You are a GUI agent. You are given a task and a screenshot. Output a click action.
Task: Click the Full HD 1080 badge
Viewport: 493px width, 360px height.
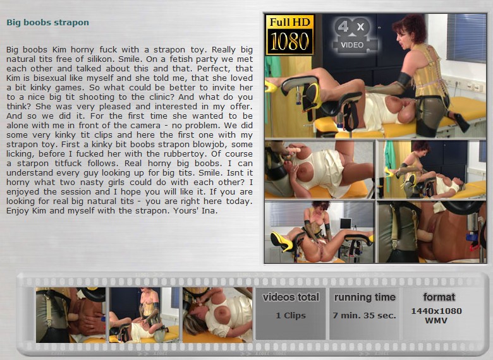289,35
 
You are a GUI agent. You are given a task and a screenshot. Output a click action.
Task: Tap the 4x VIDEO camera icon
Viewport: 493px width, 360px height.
351,35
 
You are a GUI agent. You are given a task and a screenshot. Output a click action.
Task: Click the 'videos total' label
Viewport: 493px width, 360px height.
291,297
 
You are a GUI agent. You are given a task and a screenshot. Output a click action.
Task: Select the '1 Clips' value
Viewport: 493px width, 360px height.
291,315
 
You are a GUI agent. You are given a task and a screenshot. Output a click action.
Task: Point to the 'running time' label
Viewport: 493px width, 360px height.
365,297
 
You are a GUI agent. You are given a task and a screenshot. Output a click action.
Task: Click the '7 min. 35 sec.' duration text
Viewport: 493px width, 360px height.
365,315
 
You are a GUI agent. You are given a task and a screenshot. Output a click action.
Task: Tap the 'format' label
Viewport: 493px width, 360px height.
439,297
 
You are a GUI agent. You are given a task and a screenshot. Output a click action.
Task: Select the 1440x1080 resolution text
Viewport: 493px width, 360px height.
436,311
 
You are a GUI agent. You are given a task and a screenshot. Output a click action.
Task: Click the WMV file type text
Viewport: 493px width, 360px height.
436,321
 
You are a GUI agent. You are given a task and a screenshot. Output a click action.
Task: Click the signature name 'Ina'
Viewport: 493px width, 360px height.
209,210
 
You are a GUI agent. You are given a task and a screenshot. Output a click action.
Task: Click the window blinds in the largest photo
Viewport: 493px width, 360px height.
466,37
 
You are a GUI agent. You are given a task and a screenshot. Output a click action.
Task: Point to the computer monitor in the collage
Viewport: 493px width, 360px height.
345,224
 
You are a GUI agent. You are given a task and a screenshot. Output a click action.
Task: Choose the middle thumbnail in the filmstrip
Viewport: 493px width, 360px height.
144,315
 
